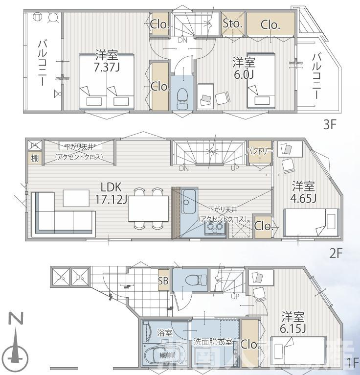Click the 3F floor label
click(x=330, y=124)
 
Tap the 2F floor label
click(x=335, y=254)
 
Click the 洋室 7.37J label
click(x=107, y=62)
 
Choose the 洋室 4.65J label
click(x=304, y=192)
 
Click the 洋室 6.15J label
click(x=293, y=322)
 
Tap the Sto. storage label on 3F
click(x=232, y=23)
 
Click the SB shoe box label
click(x=163, y=281)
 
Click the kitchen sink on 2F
click(x=188, y=205)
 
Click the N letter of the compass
click(x=16, y=319)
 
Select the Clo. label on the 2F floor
click(x=263, y=226)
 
